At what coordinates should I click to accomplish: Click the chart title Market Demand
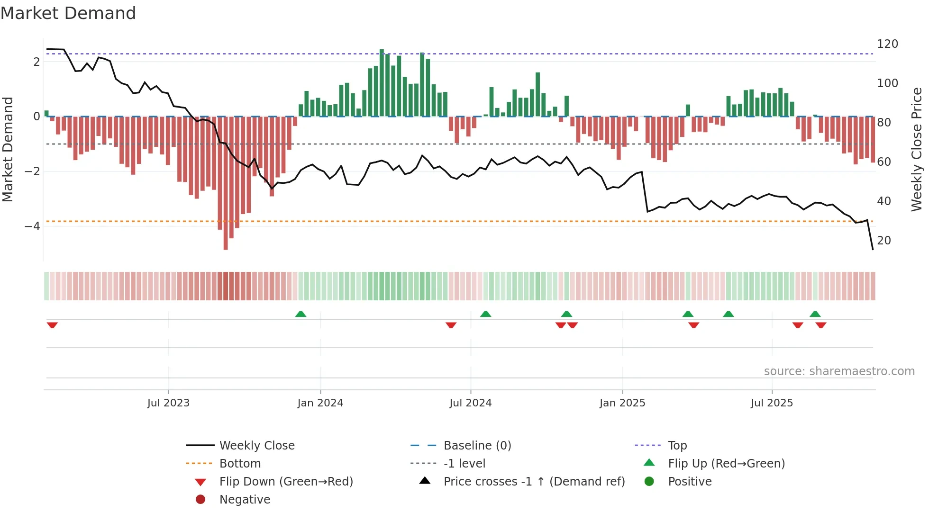(x=68, y=13)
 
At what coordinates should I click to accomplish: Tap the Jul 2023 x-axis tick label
(x=168, y=403)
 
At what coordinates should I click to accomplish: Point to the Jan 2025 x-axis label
(x=622, y=403)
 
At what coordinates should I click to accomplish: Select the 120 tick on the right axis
(x=887, y=44)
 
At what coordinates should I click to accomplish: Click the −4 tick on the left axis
(x=32, y=226)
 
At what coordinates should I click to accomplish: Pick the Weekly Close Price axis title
(x=917, y=149)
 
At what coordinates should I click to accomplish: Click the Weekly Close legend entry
(x=256, y=446)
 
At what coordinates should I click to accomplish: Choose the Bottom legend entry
(x=240, y=464)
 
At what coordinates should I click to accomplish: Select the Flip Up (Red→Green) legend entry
(x=726, y=464)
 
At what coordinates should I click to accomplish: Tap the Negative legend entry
(x=245, y=500)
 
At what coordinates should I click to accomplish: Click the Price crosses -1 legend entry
(x=534, y=482)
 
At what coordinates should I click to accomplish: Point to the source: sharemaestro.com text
(x=839, y=371)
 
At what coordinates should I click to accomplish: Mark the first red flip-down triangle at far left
(x=52, y=325)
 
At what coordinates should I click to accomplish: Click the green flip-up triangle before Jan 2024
(x=301, y=314)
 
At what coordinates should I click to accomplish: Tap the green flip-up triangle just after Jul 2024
(x=485, y=314)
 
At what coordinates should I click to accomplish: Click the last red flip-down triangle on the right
(x=821, y=325)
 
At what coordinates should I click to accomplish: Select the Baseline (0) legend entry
(x=477, y=446)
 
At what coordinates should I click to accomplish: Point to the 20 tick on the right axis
(x=884, y=241)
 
